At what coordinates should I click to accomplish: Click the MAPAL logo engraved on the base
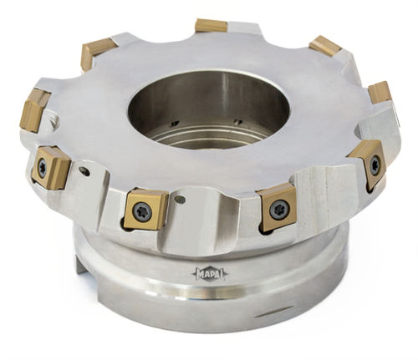click(x=210, y=274)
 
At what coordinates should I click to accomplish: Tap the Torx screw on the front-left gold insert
click(x=142, y=211)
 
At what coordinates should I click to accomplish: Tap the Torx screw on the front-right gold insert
click(x=278, y=209)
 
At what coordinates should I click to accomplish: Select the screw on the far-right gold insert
click(x=375, y=164)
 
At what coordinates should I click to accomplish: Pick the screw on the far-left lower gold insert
click(x=43, y=168)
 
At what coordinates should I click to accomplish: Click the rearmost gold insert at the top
click(x=211, y=25)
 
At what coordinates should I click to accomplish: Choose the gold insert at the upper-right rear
click(x=325, y=46)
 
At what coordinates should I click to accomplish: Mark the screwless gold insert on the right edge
click(x=380, y=93)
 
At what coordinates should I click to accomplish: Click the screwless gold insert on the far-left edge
click(x=33, y=109)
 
